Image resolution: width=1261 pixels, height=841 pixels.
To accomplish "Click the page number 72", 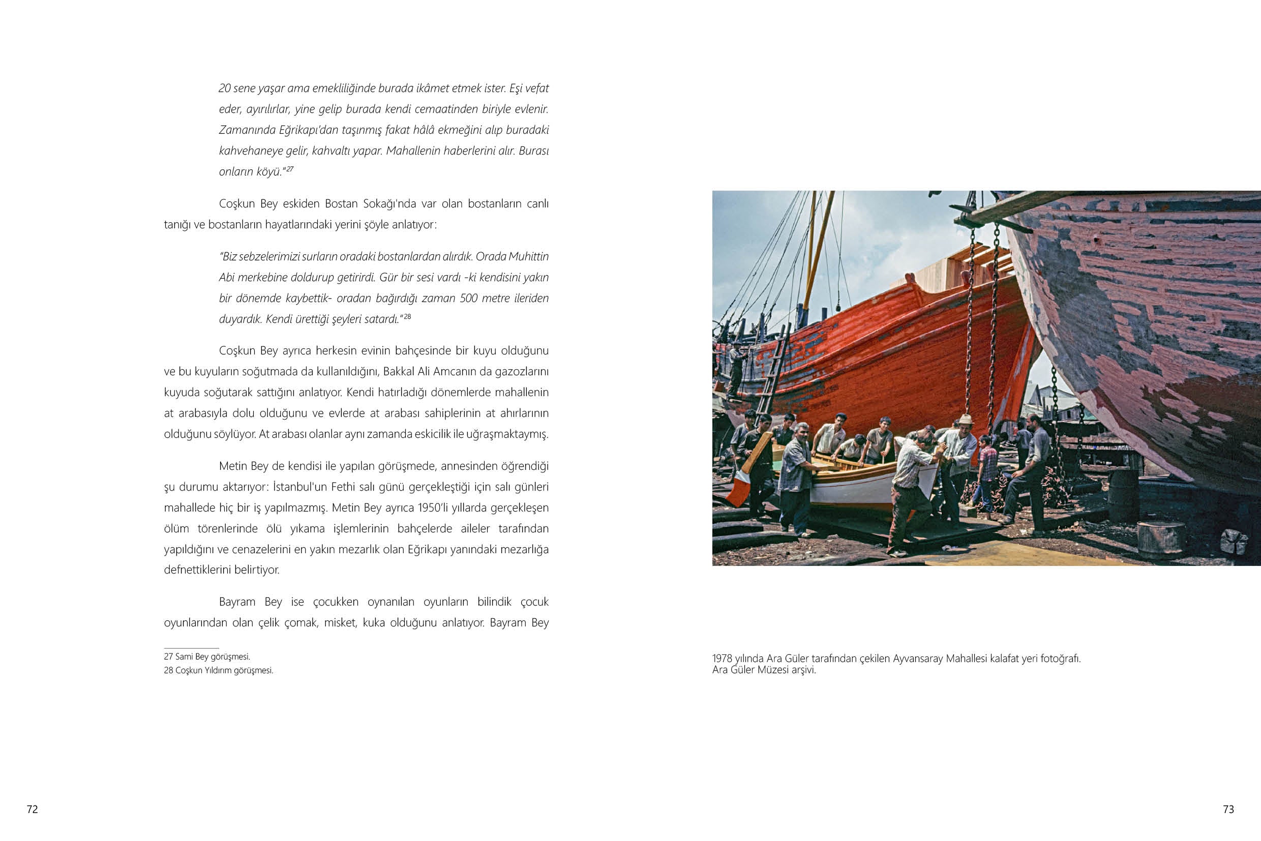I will [32, 809].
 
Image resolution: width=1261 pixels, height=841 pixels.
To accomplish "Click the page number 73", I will [1228, 809].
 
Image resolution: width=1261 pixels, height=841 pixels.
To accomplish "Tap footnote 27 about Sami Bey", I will [207, 656].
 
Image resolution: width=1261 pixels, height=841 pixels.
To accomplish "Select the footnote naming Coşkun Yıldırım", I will [218, 671].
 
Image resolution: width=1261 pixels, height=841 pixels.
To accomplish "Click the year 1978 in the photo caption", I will [722, 658].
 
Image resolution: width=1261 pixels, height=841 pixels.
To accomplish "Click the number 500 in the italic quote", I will [469, 298].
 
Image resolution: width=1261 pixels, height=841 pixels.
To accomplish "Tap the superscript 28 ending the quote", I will [407, 316].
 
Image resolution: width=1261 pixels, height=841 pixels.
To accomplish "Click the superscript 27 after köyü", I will [289, 169].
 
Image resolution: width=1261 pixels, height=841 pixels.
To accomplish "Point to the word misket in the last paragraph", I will [340, 623].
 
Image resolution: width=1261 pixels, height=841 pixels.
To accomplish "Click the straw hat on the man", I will [967, 419].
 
